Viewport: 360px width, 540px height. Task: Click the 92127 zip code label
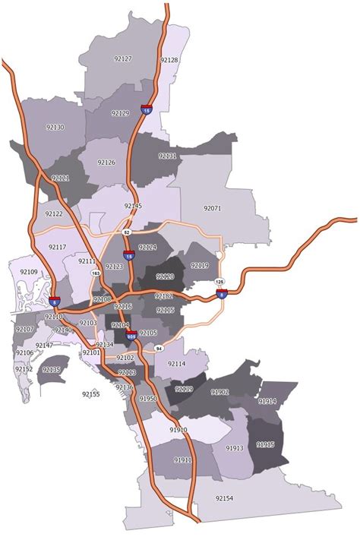coord(122,58)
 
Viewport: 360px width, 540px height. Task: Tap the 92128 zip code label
coord(169,59)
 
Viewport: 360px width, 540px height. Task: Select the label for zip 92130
coord(55,128)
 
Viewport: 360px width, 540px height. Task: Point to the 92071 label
coord(212,207)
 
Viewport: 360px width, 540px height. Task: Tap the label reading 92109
coord(28,271)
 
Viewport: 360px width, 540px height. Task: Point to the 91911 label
coord(182,459)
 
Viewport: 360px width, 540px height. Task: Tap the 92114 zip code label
coord(177,364)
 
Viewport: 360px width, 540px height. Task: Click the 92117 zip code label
coord(57,247)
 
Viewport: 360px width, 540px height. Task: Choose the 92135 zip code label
coord(51,369)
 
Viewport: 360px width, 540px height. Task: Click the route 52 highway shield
coord(128,231)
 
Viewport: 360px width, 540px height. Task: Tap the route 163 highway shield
coord(95,271)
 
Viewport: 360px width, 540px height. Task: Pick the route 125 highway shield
coord(220,282)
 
